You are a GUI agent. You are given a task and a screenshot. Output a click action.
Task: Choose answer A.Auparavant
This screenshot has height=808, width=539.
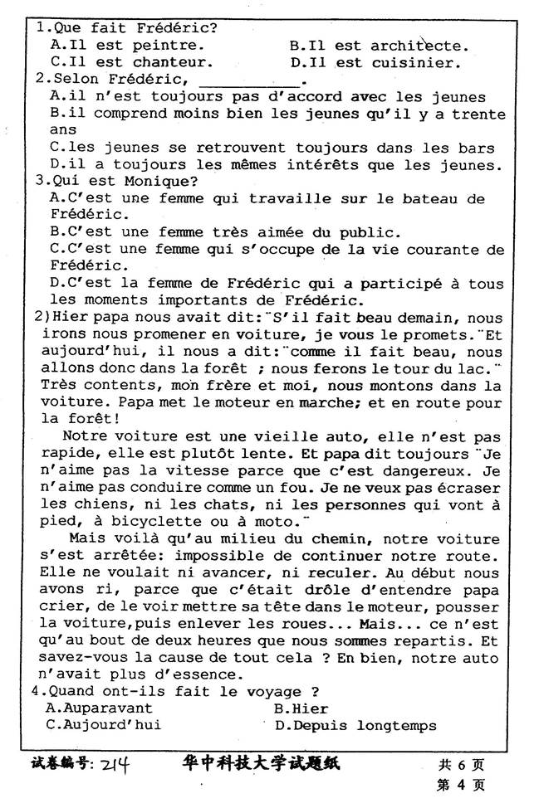[100, 708]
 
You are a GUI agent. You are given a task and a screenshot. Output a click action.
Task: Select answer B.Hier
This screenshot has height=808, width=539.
[301, 708]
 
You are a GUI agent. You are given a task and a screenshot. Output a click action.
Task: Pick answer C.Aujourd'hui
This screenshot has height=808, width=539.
[104, 726]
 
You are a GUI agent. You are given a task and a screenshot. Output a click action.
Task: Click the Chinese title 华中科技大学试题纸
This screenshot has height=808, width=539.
[261, 763]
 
